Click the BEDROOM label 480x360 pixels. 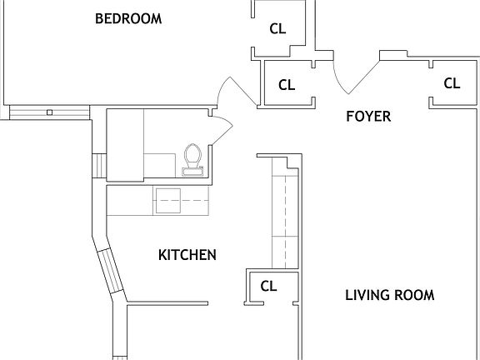click(x=127, y=18)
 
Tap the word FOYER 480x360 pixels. click(x=367, y=117)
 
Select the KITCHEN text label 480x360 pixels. click(x=187, y=255)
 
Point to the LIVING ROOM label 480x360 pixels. click(x=389, y=295)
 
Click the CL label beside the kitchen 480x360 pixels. click(x=268, y=286)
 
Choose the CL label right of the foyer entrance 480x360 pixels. click(x=452, y=83)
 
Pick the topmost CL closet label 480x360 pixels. click(x=277, y=28)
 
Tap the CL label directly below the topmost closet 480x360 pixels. click(x=287, y=85)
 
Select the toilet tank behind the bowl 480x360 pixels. click(x=192, y=172)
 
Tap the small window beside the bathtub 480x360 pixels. click(x=100, y=165)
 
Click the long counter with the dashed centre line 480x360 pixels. click(x=286, y=215)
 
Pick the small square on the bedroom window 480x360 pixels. click(x=50, y=112)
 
